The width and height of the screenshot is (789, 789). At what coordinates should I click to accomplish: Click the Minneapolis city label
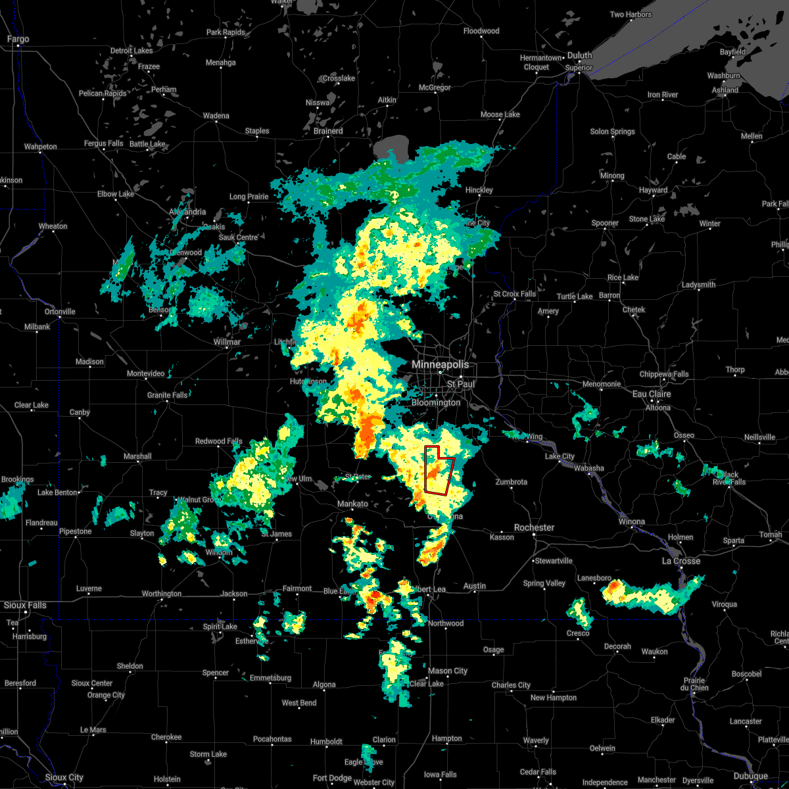(x=440, y=364)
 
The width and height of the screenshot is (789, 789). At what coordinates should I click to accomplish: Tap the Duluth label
(x=580, y=56)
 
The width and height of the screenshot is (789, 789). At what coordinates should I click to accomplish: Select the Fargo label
(x=18, y=39)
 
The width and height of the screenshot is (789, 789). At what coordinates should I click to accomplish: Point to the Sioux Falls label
(x=25, y=605)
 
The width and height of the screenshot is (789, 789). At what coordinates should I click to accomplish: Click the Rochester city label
(x=534, y=527)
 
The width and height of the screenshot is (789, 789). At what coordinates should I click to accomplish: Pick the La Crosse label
(x=681, y=561)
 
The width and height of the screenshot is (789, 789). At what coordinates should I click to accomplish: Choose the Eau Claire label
(x=651, y=394)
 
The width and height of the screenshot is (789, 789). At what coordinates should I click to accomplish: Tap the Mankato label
(x=352, y=504)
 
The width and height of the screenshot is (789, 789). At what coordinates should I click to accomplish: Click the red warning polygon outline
(x=439, y=470)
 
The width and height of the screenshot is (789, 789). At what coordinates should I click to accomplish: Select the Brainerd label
(x=327, y=131)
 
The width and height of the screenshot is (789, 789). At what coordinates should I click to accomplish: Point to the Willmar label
(x=227, y=342)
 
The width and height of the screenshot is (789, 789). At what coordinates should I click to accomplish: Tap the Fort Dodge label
(x=332, y=778)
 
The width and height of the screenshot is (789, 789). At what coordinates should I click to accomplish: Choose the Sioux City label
(x=64, y=778)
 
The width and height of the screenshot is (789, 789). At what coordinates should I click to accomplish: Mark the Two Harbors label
(x=631, y=14)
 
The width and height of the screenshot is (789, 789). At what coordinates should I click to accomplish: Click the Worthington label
(x=162, y=594)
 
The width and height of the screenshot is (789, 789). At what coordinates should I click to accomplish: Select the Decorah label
(x=617, y=646)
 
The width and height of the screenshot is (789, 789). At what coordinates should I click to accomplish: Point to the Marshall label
(x=137, y=456)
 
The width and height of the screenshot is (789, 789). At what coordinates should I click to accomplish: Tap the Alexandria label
(x=187, y=212)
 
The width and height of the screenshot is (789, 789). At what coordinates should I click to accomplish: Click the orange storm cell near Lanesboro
(x=613, y=587)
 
